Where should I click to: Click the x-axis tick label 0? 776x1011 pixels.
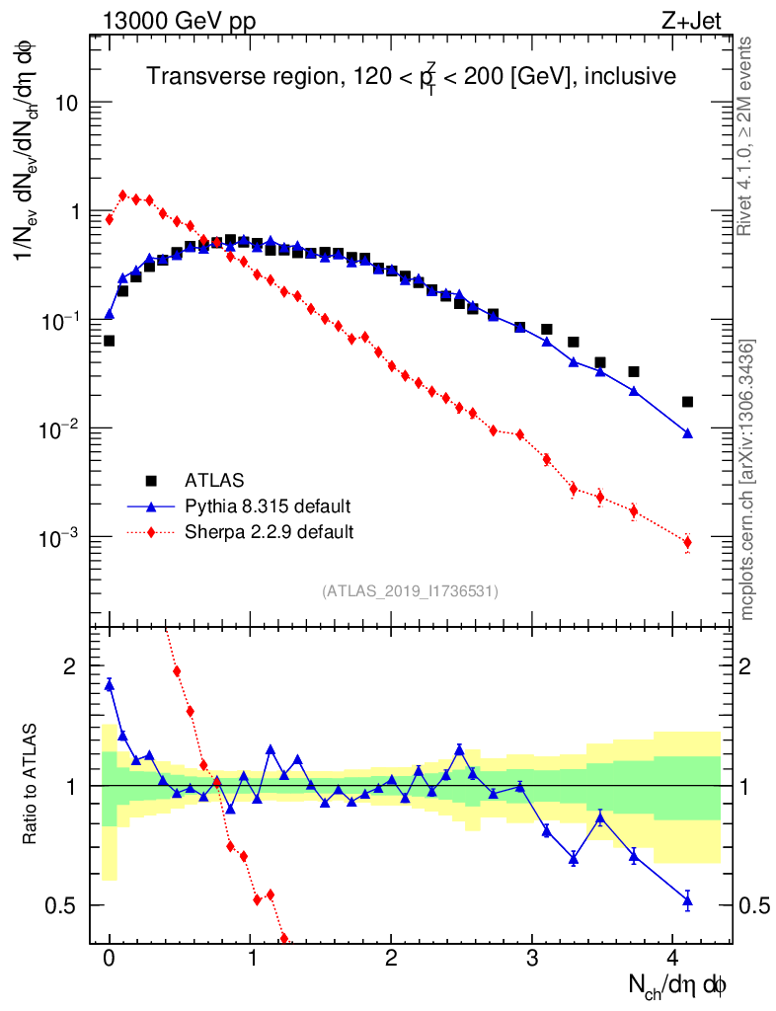tap(110, 958)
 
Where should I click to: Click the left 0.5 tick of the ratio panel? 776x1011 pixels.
tap(62, 905)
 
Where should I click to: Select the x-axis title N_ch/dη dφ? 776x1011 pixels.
tap(679, 984)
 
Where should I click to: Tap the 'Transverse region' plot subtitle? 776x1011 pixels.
tap(411, 77)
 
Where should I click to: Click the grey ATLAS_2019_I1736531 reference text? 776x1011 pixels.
tap(410, 591)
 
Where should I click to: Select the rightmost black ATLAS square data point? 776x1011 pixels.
tap(687, 402)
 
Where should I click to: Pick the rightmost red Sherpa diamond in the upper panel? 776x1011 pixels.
tap(687, 542)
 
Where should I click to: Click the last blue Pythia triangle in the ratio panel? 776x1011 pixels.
tap(687, 898)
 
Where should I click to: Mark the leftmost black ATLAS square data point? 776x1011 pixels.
tap(109, 341)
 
